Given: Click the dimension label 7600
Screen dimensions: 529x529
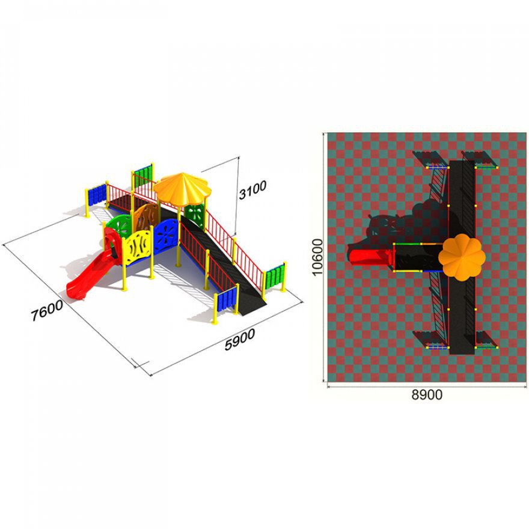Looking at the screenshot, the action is pos(47,310).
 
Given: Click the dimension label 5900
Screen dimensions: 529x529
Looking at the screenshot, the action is pos(240,340).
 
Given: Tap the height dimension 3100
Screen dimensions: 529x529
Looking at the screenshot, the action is pos(252,189).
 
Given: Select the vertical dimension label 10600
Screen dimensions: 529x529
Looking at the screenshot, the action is pos(317,257).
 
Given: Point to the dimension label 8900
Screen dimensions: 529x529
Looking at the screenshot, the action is pos(427,394).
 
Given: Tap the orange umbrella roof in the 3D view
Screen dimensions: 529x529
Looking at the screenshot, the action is pos(183,189).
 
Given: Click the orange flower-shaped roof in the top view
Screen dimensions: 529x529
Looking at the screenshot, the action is pos(462,257).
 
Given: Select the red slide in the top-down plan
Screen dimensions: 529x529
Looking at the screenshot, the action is pos(371,257).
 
